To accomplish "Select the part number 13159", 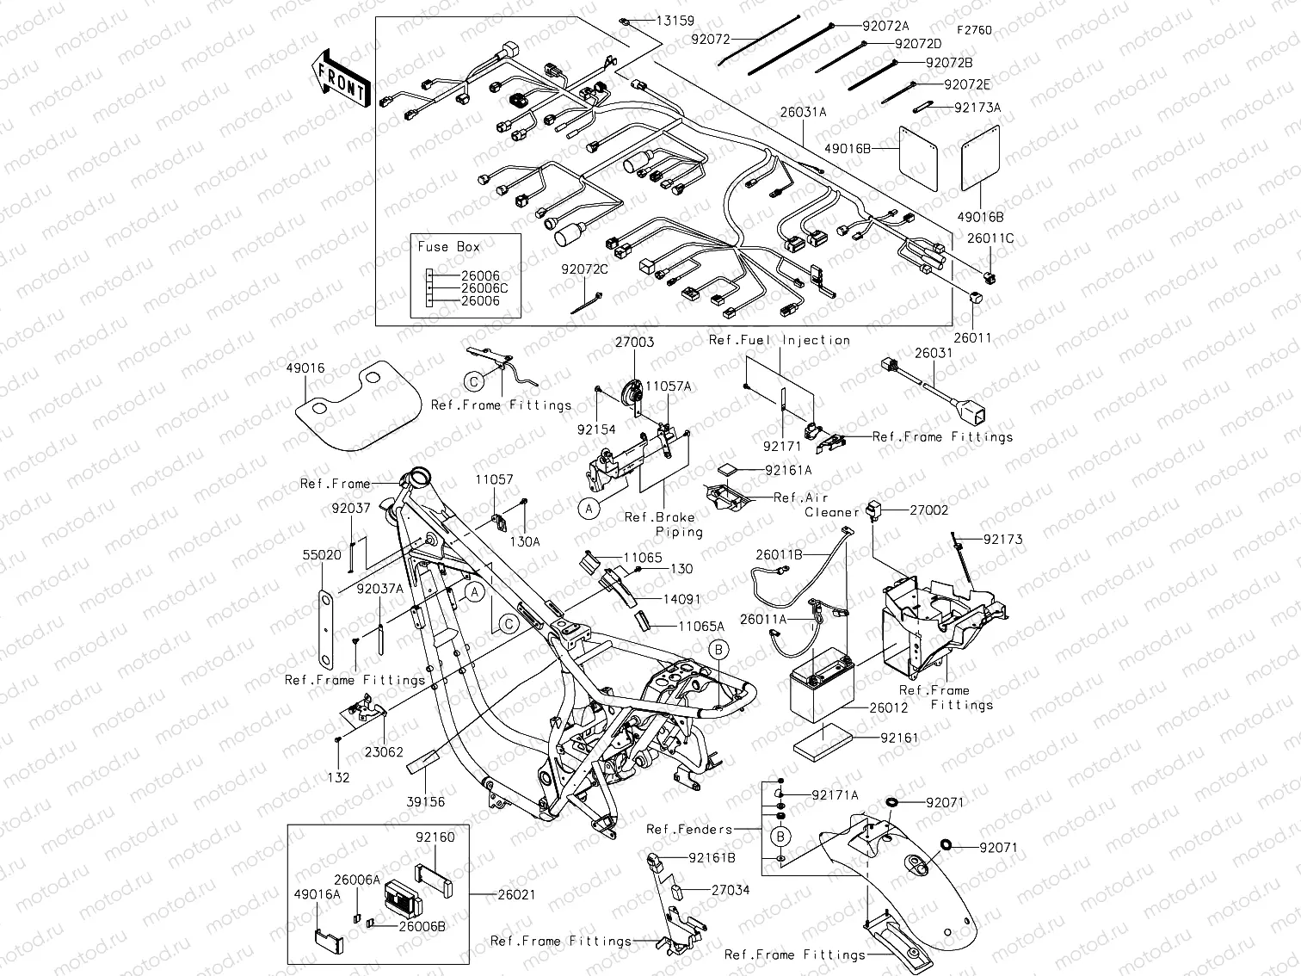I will (675, 21).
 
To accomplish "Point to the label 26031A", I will (803, 112).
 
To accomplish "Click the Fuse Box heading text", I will (448, 247).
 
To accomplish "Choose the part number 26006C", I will (484, 288).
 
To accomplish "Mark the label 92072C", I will (585, 269).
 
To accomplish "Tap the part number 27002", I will (929, 510).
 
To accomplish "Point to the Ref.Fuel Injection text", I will (780, 341).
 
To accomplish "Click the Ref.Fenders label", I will (689, 830).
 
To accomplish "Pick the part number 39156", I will (426, 802).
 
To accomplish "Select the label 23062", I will (383, 751).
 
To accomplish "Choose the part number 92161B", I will (712, 858).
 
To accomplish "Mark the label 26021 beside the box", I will (516, 895).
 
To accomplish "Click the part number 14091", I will (681, 598).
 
